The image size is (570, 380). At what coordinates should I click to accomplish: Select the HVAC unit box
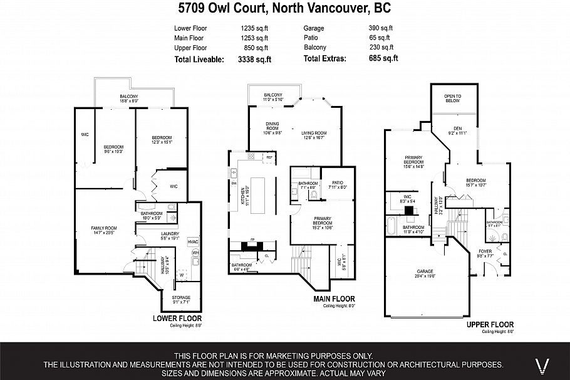193,242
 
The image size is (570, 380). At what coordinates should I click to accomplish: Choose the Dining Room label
272,129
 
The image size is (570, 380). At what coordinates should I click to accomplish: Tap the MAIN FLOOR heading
334,299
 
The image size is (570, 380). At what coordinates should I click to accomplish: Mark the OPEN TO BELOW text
452,98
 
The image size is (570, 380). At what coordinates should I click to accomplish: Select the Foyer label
485,255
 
